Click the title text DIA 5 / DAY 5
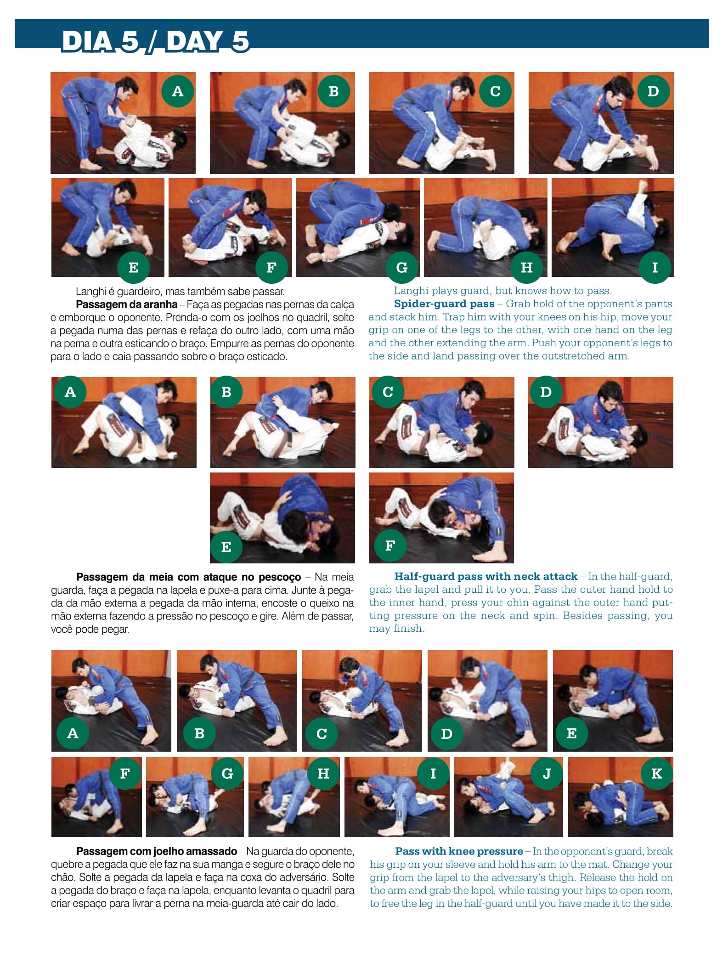155,41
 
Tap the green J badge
547,774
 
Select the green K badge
657,774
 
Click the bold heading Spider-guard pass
444,304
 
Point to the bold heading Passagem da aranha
127,304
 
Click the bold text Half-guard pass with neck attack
486,576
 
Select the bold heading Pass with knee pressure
459,851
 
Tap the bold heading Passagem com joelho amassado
157,851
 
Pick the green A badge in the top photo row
178,91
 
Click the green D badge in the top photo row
653,91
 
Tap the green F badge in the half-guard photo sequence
390,545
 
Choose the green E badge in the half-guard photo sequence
226,546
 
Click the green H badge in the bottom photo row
323,774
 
